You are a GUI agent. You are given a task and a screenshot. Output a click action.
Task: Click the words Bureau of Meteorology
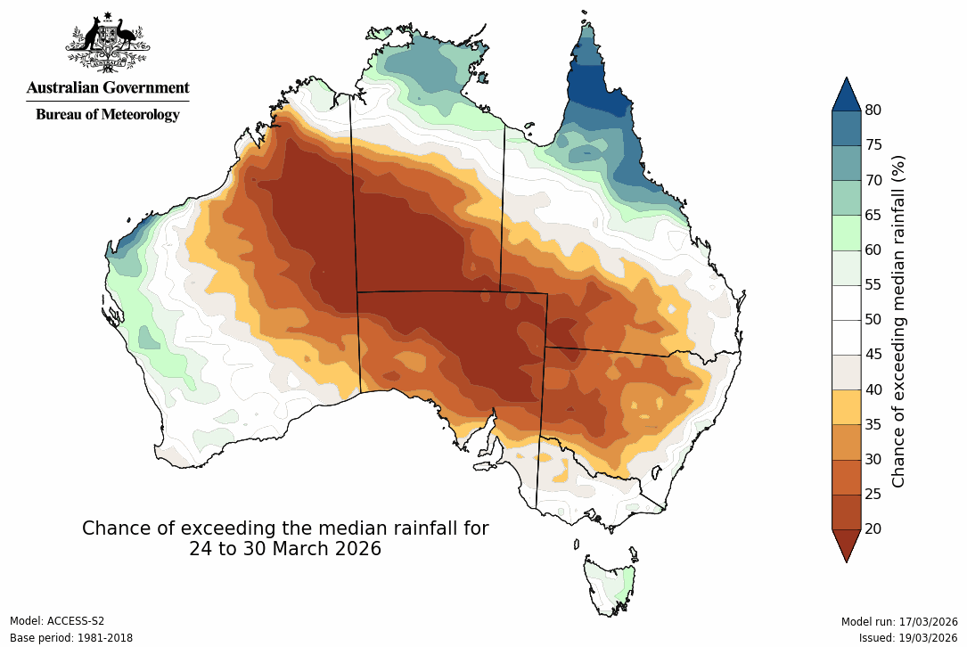click(107, 114)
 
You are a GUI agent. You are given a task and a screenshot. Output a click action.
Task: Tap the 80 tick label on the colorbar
click(873, 110)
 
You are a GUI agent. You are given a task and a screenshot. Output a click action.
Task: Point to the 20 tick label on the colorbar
click(873, 528)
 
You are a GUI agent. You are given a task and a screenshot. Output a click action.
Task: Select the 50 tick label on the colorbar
click(873, 319)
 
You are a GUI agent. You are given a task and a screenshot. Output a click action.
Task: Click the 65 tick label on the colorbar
click(873, 215)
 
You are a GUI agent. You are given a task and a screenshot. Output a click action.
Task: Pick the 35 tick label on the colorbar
click(873, 424)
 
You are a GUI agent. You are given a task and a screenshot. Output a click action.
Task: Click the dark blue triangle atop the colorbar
click(846, 95)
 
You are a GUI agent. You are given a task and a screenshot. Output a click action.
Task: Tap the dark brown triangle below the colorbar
click(846, 543)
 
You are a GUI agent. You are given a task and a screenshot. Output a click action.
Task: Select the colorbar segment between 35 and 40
click(846, 406)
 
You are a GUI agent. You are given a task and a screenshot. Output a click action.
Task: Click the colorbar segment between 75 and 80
click(846, 127)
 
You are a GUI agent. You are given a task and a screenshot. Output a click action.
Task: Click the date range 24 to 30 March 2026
click(285, 549)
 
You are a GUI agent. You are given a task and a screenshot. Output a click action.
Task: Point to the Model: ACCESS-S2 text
click(57, 621)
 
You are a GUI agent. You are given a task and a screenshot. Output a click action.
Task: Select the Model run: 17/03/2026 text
click(899, 621)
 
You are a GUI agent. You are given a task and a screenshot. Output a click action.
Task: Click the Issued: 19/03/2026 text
click(908, 638)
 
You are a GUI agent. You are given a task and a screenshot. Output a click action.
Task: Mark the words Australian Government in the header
click(107, 88)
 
